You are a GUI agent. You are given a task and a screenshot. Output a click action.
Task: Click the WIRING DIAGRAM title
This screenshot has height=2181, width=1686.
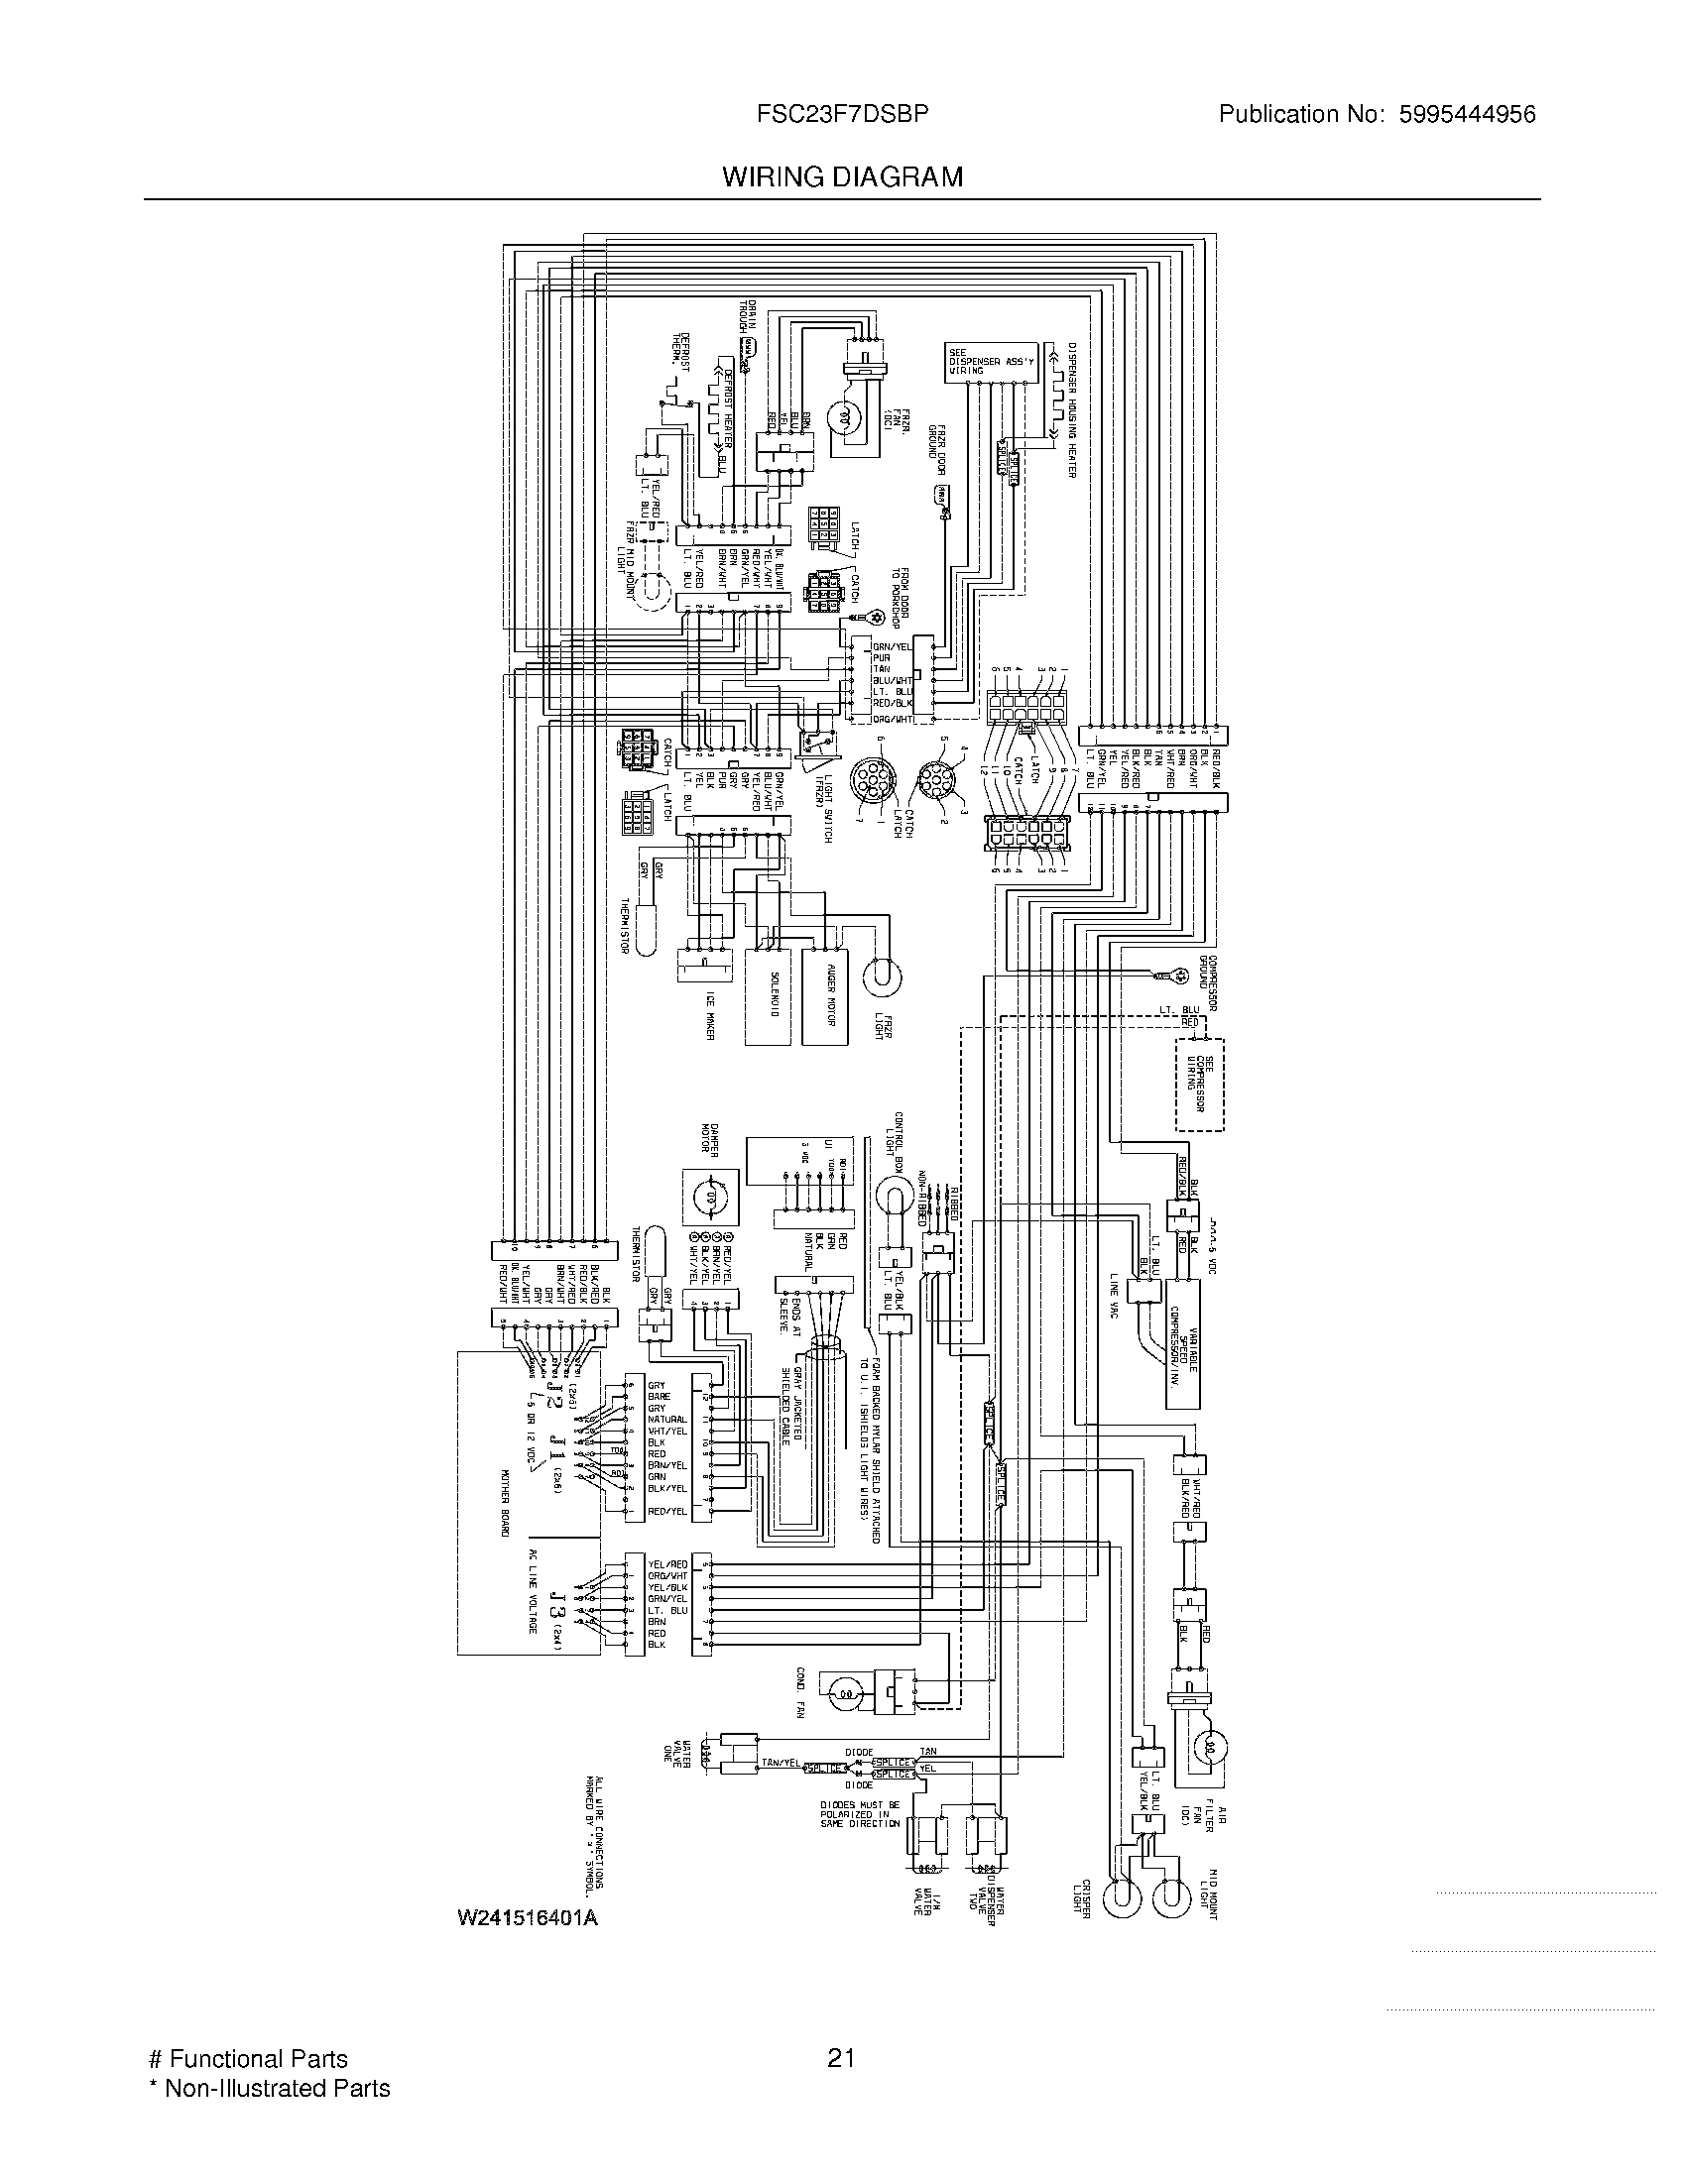842,177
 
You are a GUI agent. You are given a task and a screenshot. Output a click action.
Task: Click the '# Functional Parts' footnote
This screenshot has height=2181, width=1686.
248,2058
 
